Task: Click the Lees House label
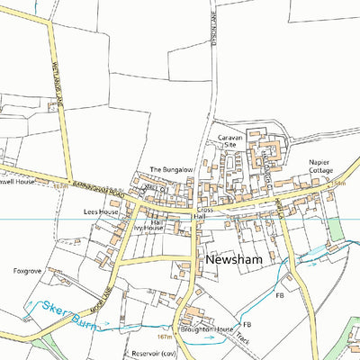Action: pos(101,211)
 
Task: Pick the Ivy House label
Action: pos(148,229)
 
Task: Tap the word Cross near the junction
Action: pos(206,209)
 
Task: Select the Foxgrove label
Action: pos(28,269)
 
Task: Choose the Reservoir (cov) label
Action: pos(150,354)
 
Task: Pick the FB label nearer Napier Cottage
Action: pos(280,294)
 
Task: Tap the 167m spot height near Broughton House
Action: pos(164,337)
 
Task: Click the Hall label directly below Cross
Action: pos(201,217)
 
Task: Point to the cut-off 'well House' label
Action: pos(17,181)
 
